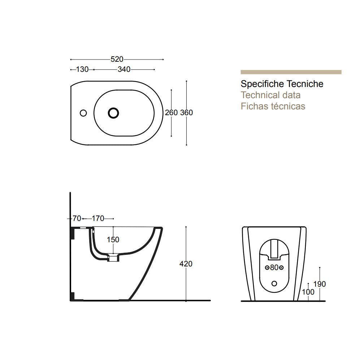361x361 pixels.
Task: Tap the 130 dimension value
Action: point(82,69)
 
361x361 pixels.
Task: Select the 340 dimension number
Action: point(124,69)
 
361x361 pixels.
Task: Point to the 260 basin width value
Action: point(171,113)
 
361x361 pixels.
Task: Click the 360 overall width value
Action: point(186,113)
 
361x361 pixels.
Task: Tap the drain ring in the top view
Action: point(113,113)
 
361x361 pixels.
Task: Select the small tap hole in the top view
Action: point(83,113)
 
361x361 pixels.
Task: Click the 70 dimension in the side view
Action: point(77,218)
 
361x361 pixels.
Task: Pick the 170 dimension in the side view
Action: point(98,218)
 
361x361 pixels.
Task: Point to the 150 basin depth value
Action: point(113,240)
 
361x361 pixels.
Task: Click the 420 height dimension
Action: point(186,264)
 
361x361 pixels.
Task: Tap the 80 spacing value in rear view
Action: point(274,268)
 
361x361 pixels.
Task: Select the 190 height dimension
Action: point(319,284)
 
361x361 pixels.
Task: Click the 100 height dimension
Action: point(308,292)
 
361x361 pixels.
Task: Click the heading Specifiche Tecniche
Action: point(282,84)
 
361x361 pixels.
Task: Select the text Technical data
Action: point(270,95)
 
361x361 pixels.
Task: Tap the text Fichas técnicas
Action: point(273,106)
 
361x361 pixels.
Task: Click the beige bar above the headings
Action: point(291,72)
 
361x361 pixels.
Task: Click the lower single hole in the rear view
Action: point(274,283)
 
